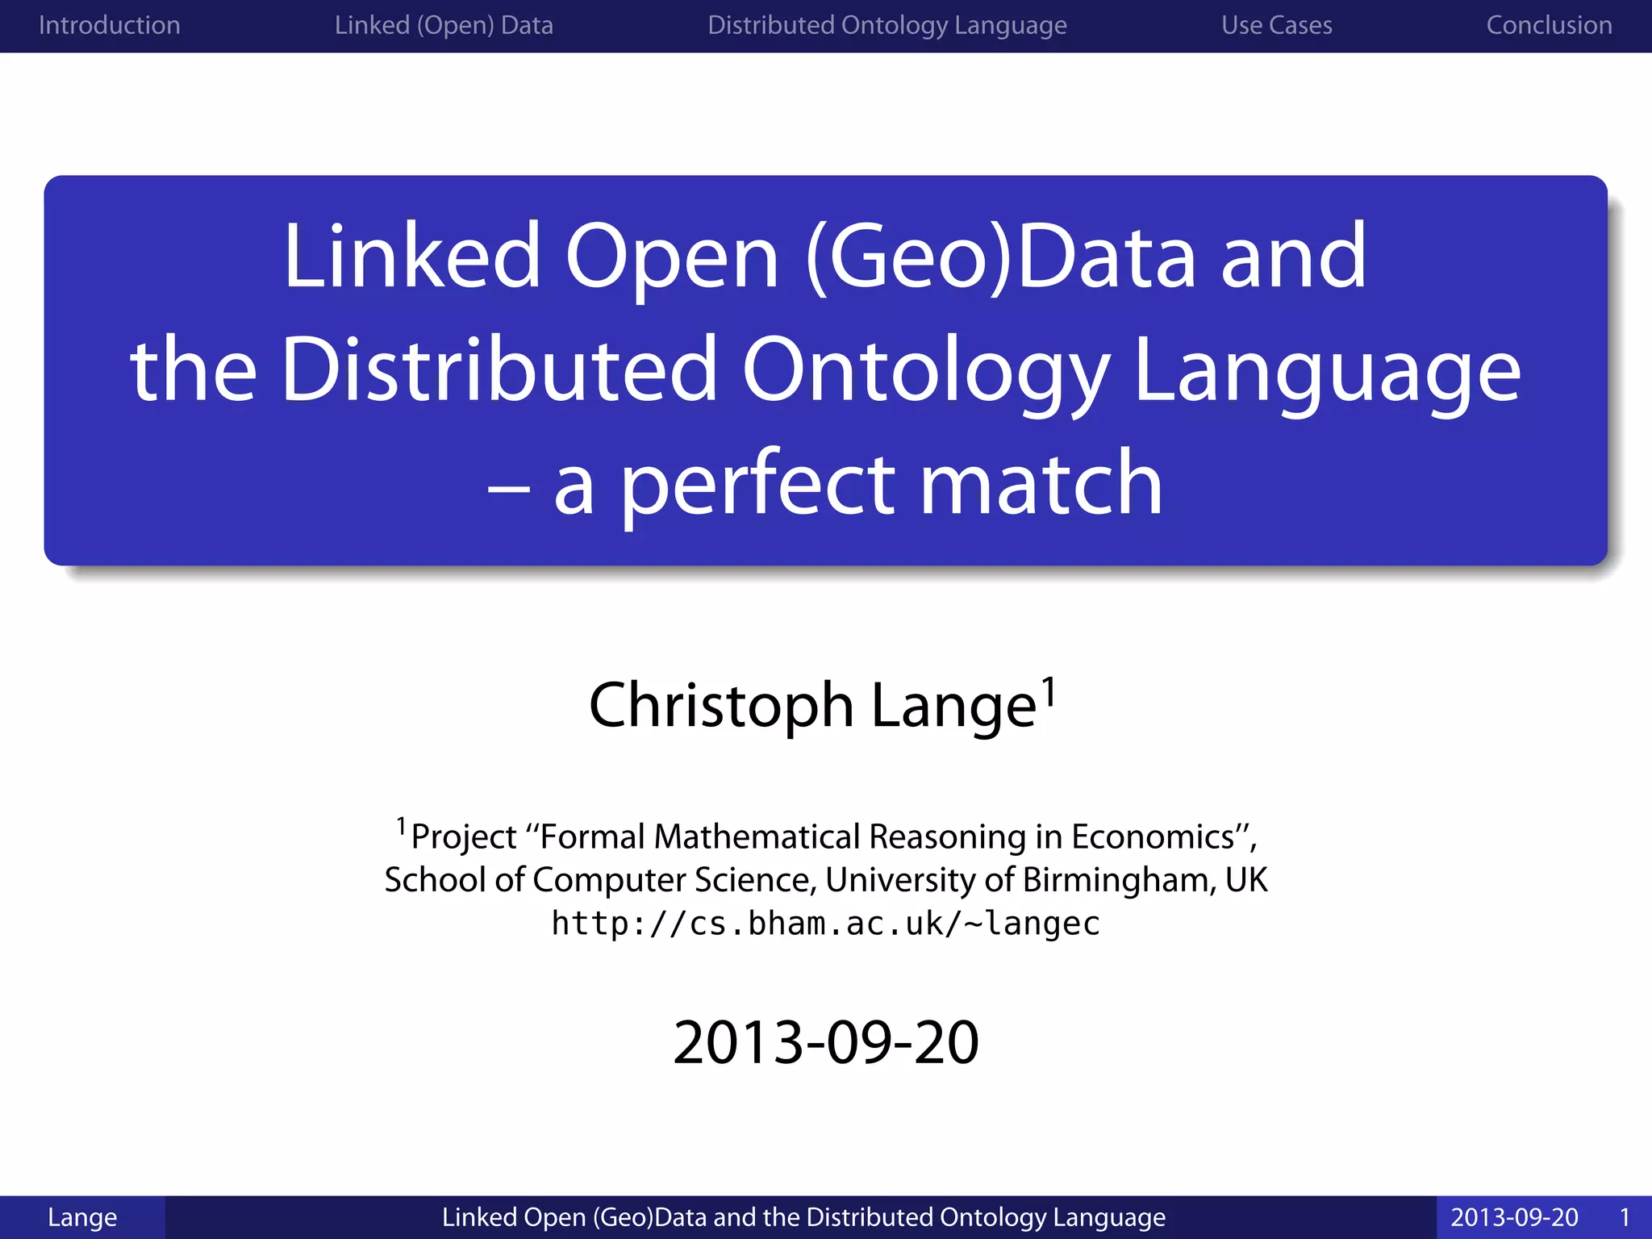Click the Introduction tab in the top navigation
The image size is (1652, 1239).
109,25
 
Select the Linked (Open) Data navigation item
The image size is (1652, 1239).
444,25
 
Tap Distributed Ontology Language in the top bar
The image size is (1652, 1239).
886,25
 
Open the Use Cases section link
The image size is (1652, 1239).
1276,25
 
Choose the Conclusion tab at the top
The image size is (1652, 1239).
1549,25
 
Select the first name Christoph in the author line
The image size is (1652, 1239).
720,705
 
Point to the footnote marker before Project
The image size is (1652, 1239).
401,826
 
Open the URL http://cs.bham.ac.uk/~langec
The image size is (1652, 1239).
825,924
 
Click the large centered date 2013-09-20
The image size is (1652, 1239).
825,1042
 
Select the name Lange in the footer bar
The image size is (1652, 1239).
82,1217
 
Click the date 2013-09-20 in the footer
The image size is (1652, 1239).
1514,1217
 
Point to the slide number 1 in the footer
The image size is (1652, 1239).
1625,1217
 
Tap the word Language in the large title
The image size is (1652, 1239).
1327,369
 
